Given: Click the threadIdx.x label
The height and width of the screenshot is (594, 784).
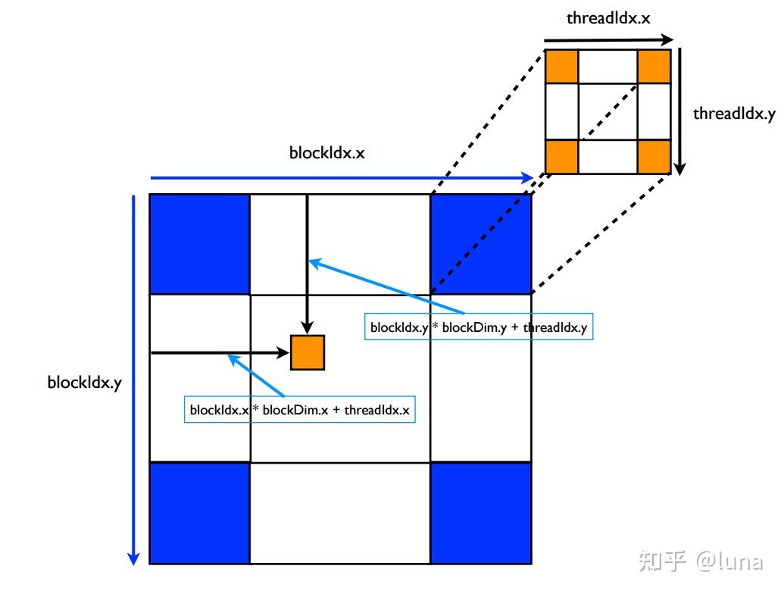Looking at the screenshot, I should coord(608,17).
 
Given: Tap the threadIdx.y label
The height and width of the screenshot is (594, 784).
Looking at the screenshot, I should coord(734,114).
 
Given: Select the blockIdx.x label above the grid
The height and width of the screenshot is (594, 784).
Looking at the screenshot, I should coord(326,152).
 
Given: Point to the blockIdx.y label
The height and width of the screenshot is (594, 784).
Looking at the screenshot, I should coord(84,382).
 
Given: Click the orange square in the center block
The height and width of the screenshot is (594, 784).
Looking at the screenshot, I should coord(308,352).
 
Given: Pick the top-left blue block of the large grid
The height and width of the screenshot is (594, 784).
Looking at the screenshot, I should coord(200,244).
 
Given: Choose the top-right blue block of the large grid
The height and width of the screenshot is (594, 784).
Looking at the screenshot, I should coord(480,244).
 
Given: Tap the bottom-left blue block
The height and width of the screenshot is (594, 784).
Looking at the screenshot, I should coord(200,513).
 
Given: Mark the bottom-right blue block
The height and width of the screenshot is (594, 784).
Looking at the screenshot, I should coord(480,513).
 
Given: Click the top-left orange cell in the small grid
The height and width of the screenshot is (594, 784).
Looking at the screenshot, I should coord(562,67).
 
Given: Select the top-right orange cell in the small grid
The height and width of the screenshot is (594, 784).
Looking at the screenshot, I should coord(654,67).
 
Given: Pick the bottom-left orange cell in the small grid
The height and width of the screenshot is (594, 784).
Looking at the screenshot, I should coord(562,156).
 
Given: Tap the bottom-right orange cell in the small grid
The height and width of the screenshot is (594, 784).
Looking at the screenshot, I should coord(654,156).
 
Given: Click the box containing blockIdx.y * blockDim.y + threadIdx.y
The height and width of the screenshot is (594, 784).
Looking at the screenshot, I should coord(479,327).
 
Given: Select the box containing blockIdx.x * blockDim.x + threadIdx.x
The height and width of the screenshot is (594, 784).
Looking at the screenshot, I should coord(300,410).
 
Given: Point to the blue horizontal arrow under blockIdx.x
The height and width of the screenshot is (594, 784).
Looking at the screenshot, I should coord(341,178).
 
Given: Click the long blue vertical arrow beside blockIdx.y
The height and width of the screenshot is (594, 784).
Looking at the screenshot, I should coord(134,379).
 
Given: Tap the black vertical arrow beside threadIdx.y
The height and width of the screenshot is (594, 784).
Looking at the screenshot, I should coord(680,110).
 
